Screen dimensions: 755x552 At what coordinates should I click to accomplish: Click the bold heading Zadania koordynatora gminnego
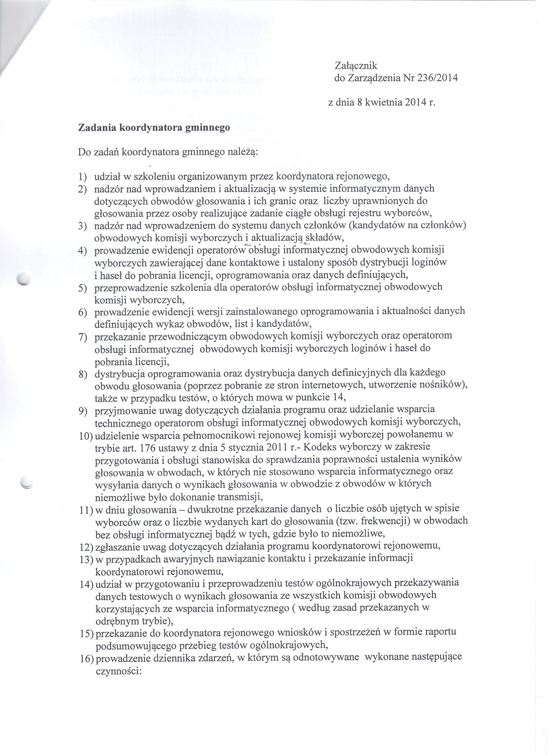[x=154, y=128]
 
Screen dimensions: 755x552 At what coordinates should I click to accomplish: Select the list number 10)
[x=86, y=437]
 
